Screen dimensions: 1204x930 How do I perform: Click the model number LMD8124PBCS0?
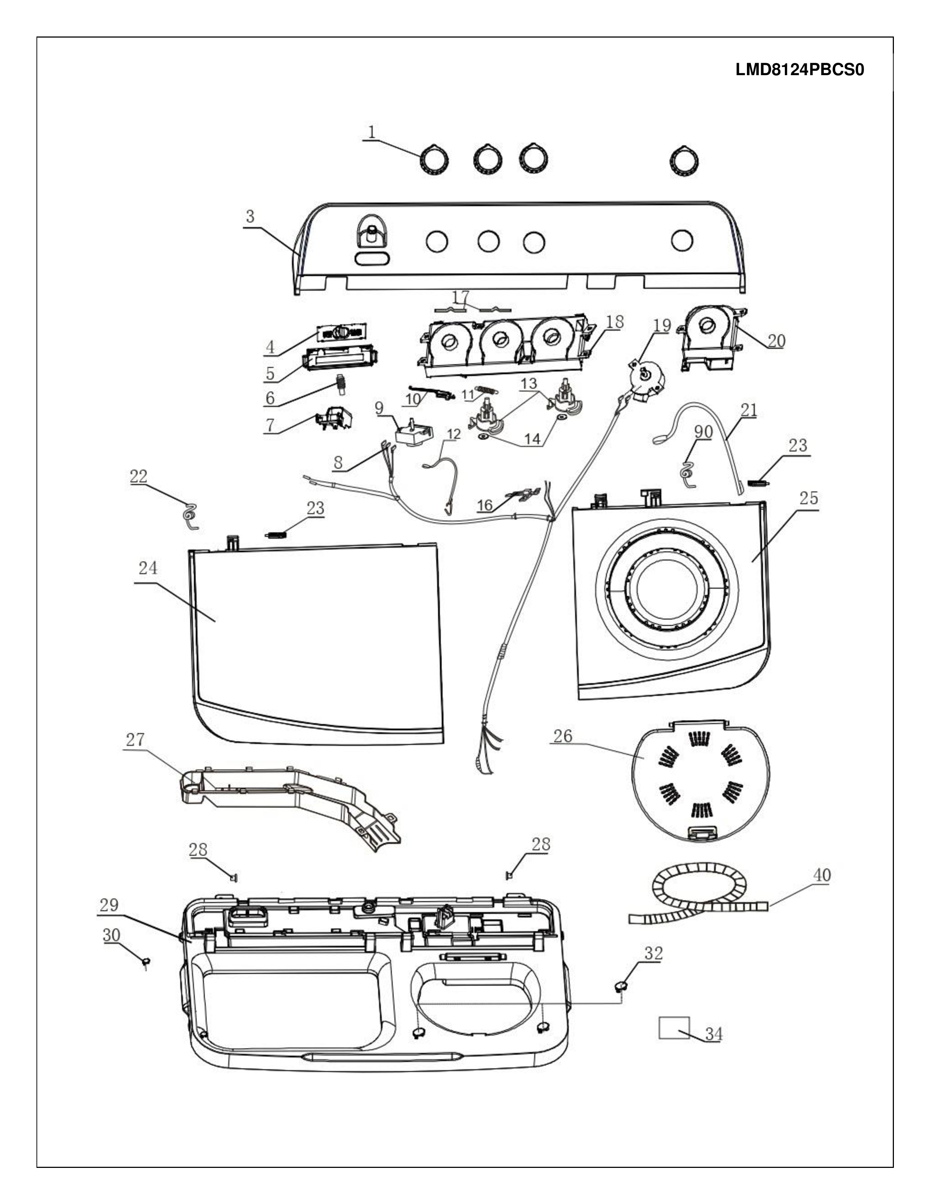[x=799, y=70]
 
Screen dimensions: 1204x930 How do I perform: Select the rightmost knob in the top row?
[x=684, y=161]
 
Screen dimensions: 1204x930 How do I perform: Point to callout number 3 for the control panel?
[x=250, y=217]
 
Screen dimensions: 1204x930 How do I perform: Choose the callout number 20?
[x=776, y=341]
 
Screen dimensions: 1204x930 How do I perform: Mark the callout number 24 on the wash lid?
[x=148, y=568]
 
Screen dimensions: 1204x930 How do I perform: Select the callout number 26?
[x=562, y=736]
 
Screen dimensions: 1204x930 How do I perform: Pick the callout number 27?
[x=135, y=740]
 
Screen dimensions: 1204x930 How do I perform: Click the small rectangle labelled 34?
[x=674, y=1027]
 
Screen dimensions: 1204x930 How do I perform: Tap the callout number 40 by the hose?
[x=821, y=875]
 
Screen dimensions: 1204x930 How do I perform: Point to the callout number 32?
[x=654, y=953]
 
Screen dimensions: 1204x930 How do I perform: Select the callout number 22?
[x=138, y=476]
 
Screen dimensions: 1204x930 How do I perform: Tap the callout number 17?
[x=461, y=297]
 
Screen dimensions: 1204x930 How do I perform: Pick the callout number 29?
[x=109, y=905]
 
